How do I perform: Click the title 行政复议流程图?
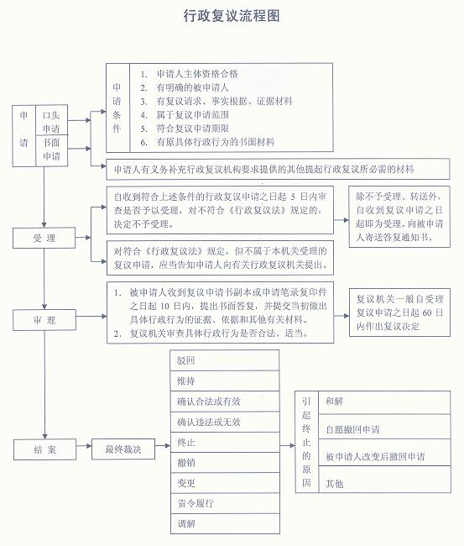232,16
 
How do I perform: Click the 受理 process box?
44,238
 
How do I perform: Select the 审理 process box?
44,320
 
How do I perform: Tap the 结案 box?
44,449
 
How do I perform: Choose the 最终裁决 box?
123,449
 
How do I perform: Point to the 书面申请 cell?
51,150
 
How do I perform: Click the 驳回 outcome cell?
225,360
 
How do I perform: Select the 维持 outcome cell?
225,381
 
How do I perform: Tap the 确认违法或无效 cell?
225,422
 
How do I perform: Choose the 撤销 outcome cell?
225,463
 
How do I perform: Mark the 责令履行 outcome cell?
225,503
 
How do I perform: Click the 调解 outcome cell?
225,523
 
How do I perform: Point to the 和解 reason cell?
384,402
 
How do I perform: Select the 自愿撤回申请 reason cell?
384,427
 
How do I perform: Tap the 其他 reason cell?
384,480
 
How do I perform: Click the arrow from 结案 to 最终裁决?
84,446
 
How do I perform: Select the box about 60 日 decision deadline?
399,312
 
